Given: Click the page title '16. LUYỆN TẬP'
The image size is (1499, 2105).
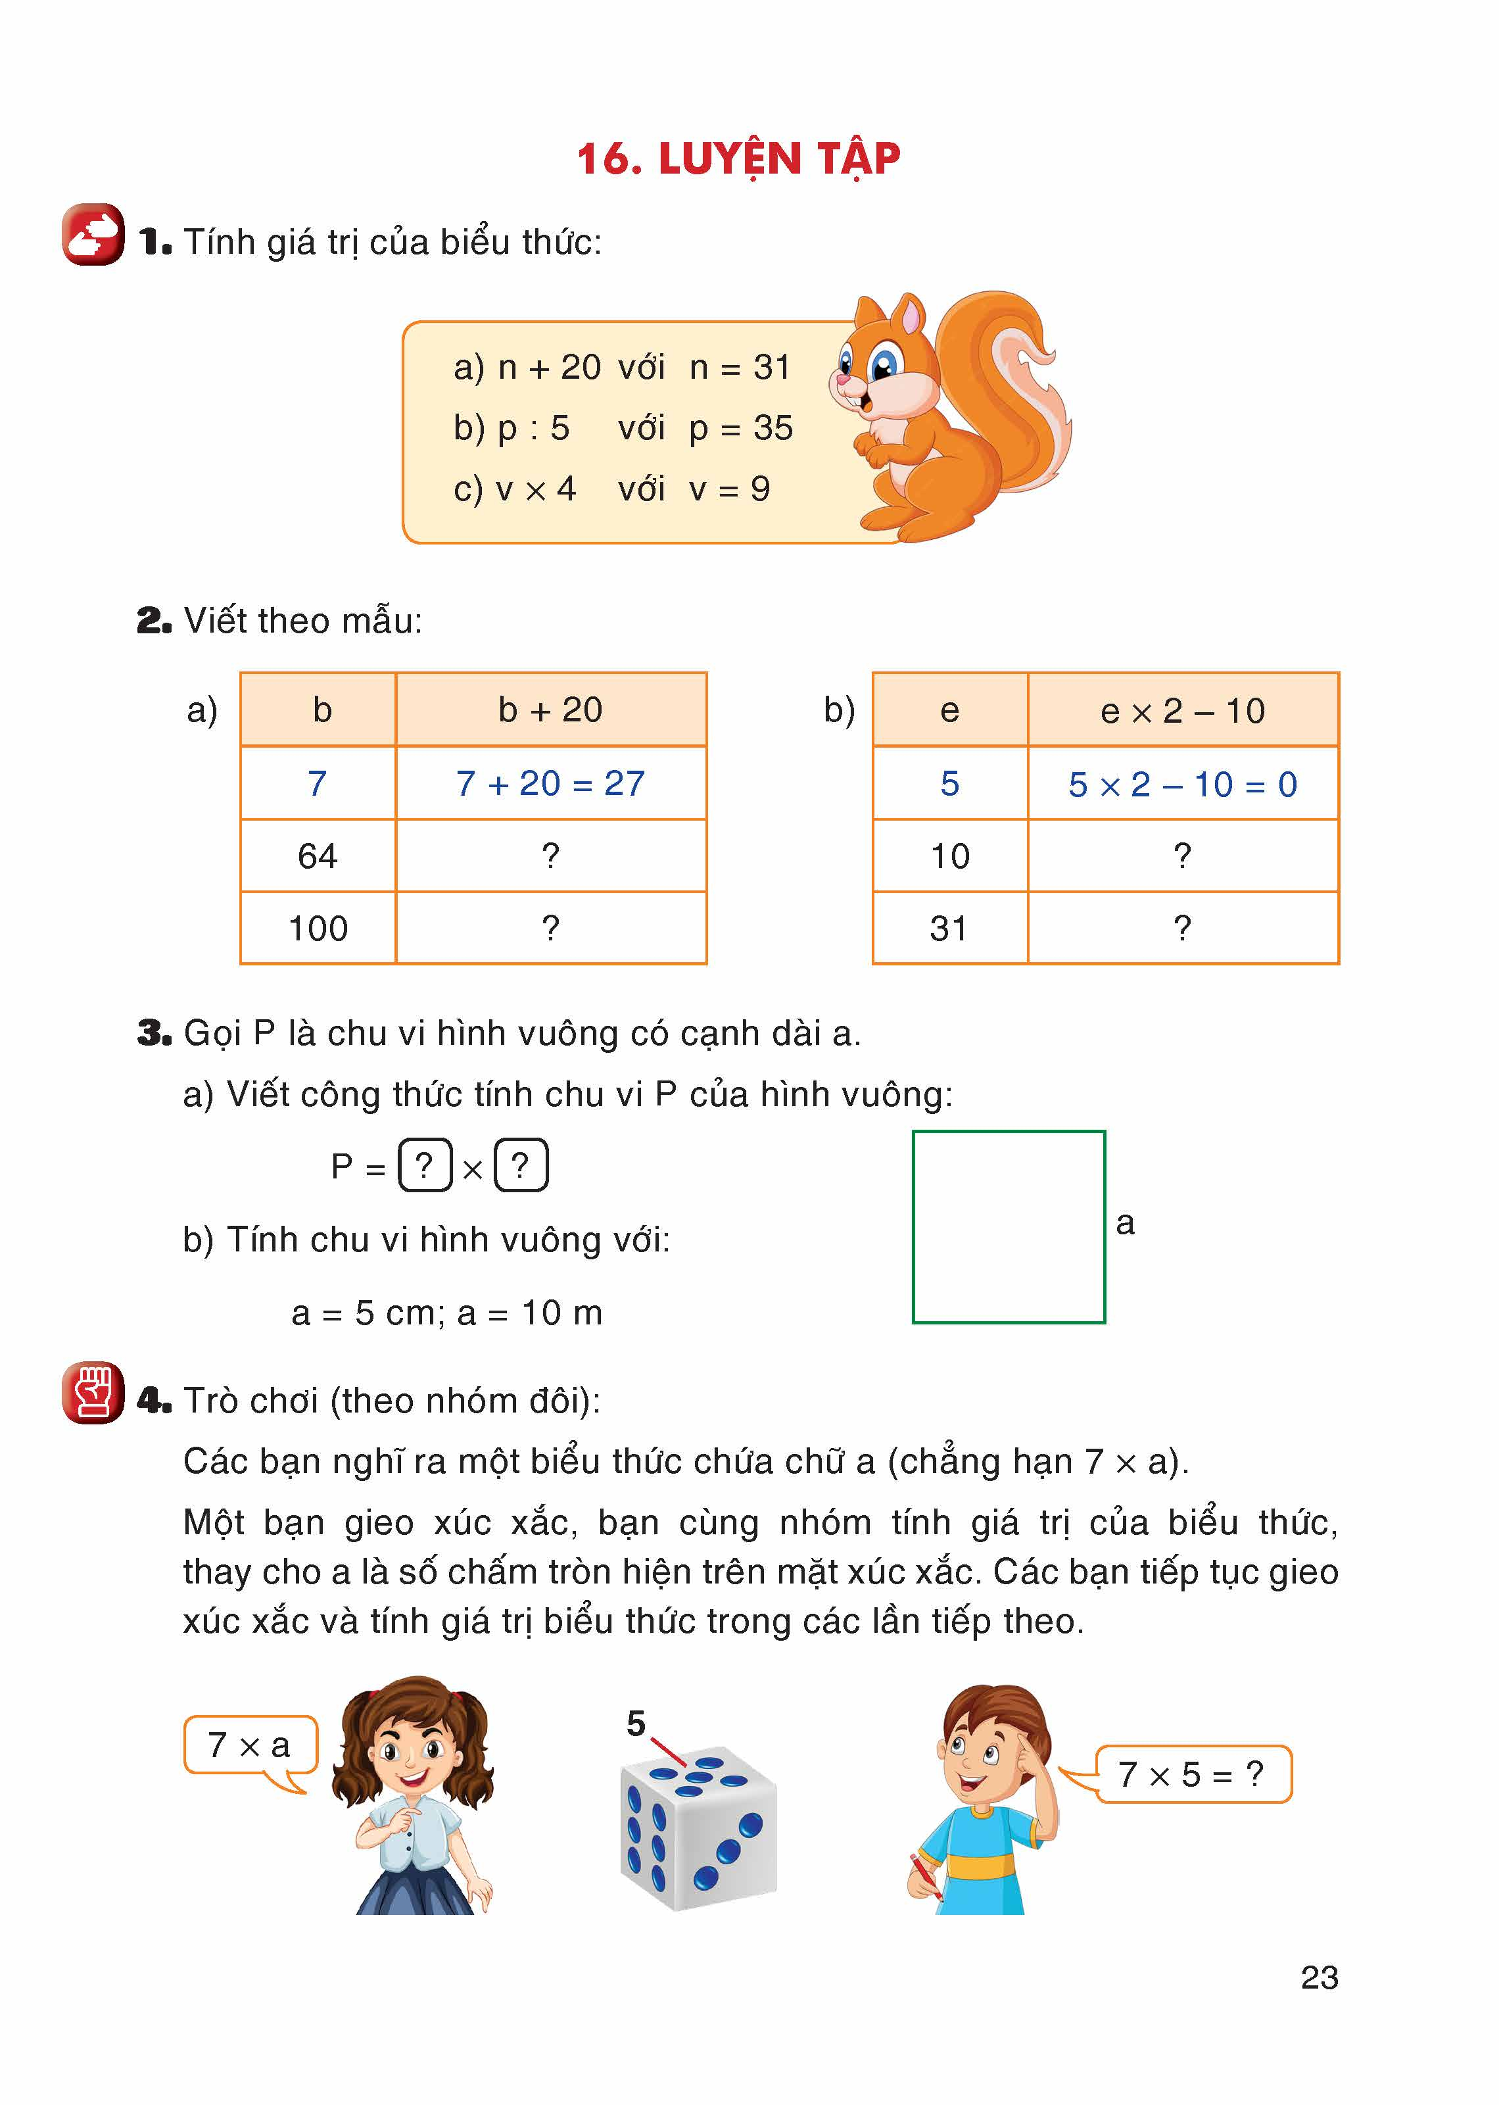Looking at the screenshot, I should [x=738, y=158].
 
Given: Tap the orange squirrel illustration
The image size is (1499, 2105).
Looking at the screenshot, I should [x=951, y=416].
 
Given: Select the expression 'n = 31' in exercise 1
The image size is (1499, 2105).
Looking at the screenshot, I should [x=740, y=368].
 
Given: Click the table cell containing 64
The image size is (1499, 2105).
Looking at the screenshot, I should [x=318, y=856].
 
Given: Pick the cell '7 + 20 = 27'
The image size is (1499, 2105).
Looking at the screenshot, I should [x=550, y=784].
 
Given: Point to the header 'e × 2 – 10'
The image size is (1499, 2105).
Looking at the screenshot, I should [x=1182, y=711].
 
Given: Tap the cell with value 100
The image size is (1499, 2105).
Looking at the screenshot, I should [x=318, y=929].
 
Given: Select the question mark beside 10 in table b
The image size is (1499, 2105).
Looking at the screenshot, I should [x=1182, y=856].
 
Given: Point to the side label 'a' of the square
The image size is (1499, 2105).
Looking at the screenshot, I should [x=1124, y=1223].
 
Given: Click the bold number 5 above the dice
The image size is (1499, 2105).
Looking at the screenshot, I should [x=636, y=1724].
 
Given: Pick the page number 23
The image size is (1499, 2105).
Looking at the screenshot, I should [x=1319, y=1977].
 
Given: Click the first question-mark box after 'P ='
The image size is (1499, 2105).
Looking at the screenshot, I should [x=425, y=1166].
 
